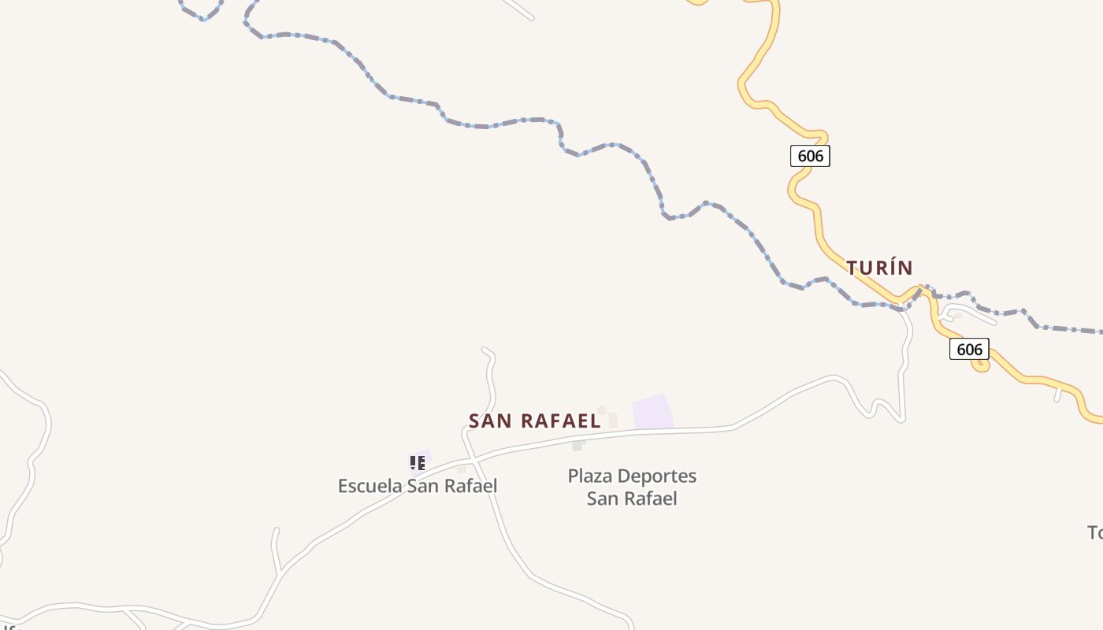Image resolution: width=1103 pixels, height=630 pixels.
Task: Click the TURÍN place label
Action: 879,268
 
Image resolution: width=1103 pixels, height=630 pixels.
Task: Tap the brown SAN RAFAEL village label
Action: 534,421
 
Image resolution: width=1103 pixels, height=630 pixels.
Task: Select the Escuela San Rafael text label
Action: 418,486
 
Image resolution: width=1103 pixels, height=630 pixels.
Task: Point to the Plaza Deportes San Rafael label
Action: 632,487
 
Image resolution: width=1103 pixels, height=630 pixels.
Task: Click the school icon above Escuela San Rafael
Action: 418,462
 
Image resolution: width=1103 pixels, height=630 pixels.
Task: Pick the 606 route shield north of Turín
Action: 810,156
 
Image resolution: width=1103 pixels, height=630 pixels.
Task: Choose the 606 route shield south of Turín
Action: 969,349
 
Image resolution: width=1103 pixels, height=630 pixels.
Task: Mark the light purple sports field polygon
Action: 653,413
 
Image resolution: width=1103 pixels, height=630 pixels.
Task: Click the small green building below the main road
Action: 577,446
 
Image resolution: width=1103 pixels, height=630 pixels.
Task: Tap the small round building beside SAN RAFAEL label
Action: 602,410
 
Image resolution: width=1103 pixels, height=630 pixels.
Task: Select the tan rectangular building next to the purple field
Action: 612,420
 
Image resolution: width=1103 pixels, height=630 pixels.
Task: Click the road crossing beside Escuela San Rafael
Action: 470,458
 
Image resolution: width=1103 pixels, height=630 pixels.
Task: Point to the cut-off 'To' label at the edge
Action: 1094,533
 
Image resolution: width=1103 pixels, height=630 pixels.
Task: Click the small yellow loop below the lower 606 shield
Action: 981,366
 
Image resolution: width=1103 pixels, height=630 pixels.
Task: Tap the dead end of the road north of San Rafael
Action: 484,349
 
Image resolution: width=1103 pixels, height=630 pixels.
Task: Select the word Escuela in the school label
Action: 370,486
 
